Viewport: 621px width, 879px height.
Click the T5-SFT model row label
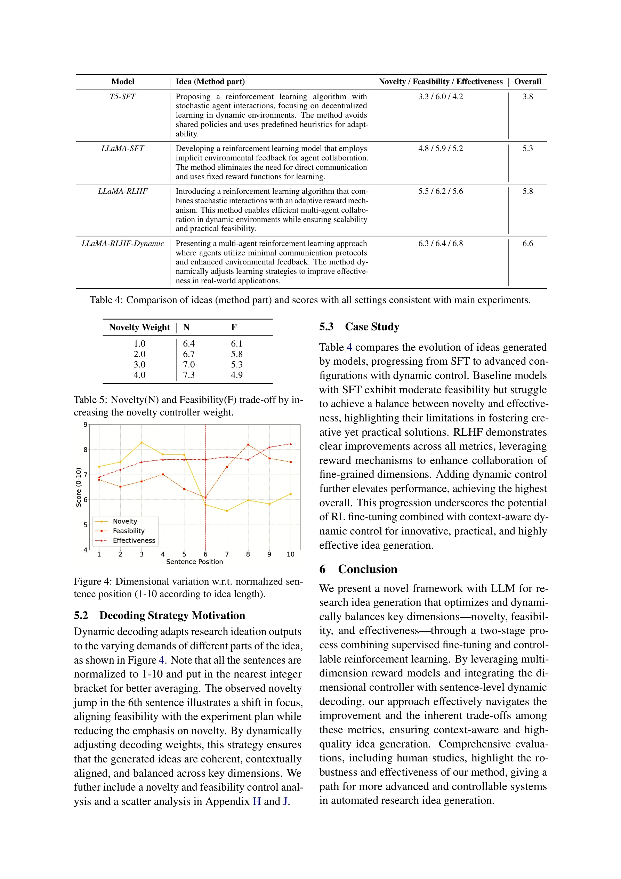(122, 96)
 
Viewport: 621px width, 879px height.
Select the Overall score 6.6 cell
(527, 244)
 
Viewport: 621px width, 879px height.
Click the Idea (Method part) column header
(210, 81)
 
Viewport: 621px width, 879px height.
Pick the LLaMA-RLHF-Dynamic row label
(122, 244)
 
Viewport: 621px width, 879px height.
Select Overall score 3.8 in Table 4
(527, 96)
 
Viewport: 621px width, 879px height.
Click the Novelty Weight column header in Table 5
(139, 327)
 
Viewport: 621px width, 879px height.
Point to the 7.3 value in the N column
(189, 375)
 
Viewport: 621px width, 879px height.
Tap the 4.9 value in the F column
(236, 375)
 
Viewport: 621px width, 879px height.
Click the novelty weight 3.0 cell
(139, 364)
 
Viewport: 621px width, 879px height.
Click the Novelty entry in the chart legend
(125, 521)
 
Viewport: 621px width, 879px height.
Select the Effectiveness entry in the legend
(134, 540)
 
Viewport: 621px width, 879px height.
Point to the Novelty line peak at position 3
(142, 443)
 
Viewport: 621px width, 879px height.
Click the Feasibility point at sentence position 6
(205, 498)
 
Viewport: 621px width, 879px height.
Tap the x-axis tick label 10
(290, 554)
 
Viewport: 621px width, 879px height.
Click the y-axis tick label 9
(85, 425)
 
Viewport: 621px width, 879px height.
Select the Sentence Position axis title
(194, 562)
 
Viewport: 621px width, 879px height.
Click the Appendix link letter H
(257, 801)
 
